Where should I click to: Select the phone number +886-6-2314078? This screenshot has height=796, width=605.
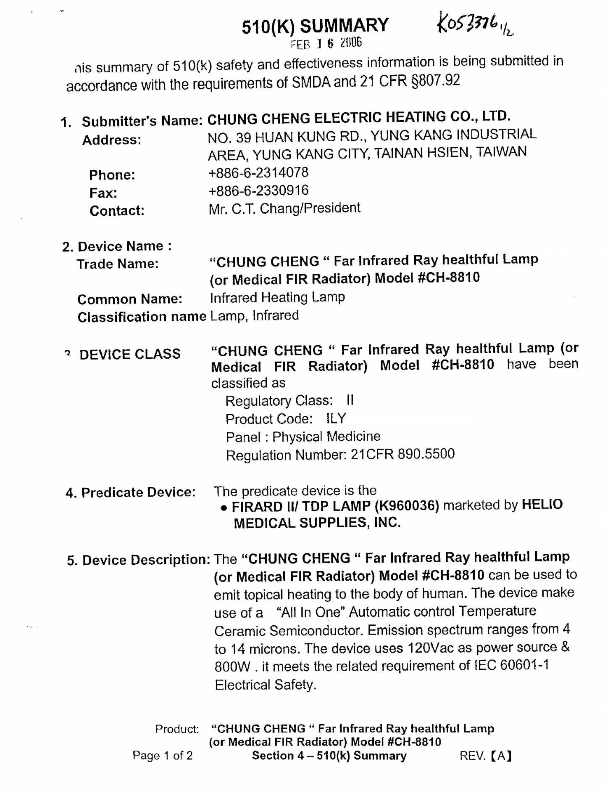[x=258, y=172]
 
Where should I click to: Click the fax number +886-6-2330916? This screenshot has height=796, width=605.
[x=258, y=190]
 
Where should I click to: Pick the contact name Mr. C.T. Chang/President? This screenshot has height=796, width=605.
[x=284, y=208]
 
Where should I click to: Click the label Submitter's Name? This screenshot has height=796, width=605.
[x=142, y=121]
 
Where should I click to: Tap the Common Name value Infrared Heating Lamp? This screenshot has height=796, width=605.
[x=277, y=297]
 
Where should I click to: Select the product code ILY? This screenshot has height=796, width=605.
[x=336, y=418]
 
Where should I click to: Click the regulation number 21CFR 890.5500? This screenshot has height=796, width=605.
[x=402, y=454]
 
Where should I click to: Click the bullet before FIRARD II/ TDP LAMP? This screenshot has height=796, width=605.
[x=224, y=508]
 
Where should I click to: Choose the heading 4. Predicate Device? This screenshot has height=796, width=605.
[x=131, y=492]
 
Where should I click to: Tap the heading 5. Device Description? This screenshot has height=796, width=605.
[x=139, y=560]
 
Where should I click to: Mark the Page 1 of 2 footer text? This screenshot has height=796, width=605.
[x=163, y=756]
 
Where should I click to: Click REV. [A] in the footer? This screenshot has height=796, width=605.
[x=485, y=756]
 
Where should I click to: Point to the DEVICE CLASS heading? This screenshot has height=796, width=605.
[x=130, y=354]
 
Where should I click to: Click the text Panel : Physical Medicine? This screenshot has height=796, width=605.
[x=303, y=436]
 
